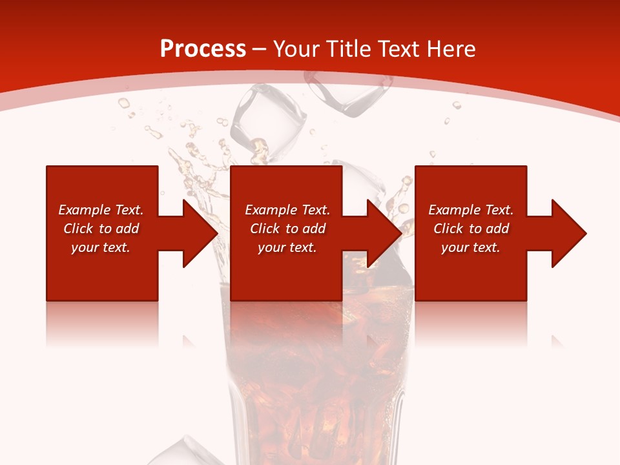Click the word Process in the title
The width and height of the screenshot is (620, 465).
click(x=203, y=48)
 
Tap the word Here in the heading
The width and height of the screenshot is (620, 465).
click(x=451, y=48)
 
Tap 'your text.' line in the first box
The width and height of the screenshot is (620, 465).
click(x=101, y=247)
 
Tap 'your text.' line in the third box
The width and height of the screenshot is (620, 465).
click(x=471, y=247)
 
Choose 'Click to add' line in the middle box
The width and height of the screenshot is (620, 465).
click(x=287, y=229)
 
